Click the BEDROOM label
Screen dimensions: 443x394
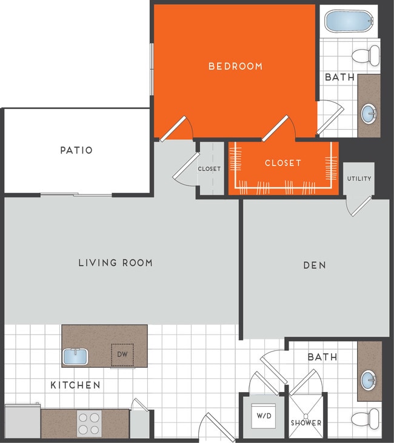pyautogui.click(x=235, y=66)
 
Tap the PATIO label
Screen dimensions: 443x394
pyautogui.click(x=76, y=150)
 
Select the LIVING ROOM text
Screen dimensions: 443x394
pyautogui.click(x=115, y=262)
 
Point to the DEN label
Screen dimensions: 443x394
pyautogui.click(x=315, y=265)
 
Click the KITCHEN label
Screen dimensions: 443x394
pyautogui.click(x=75, y=385)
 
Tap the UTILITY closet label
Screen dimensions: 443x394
pyautogui.click(x=359, y=179)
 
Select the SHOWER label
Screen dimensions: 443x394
pyautogui.click(x=306, y=422)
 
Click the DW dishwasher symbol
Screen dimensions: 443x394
pyautogui.click(x=122, y=355)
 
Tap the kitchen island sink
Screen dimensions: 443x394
pyautogui.click(x=76, y=356)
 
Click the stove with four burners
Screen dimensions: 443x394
pyautogui.click(x=88, y=423)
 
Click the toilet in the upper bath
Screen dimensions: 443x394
pyautogui.click(x=364, y=56)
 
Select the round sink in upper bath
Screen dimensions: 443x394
pyautogui.click(x=369, y=113)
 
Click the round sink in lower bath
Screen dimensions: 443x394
pyautogui.click(x=369, y=381)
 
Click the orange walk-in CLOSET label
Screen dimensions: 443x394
pyautogui.click(x=282, y=163)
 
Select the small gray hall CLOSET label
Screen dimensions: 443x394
pyautogui.click(x=209, y=168)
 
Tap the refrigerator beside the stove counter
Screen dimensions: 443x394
pyautogui.click(x=22, y=421)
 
